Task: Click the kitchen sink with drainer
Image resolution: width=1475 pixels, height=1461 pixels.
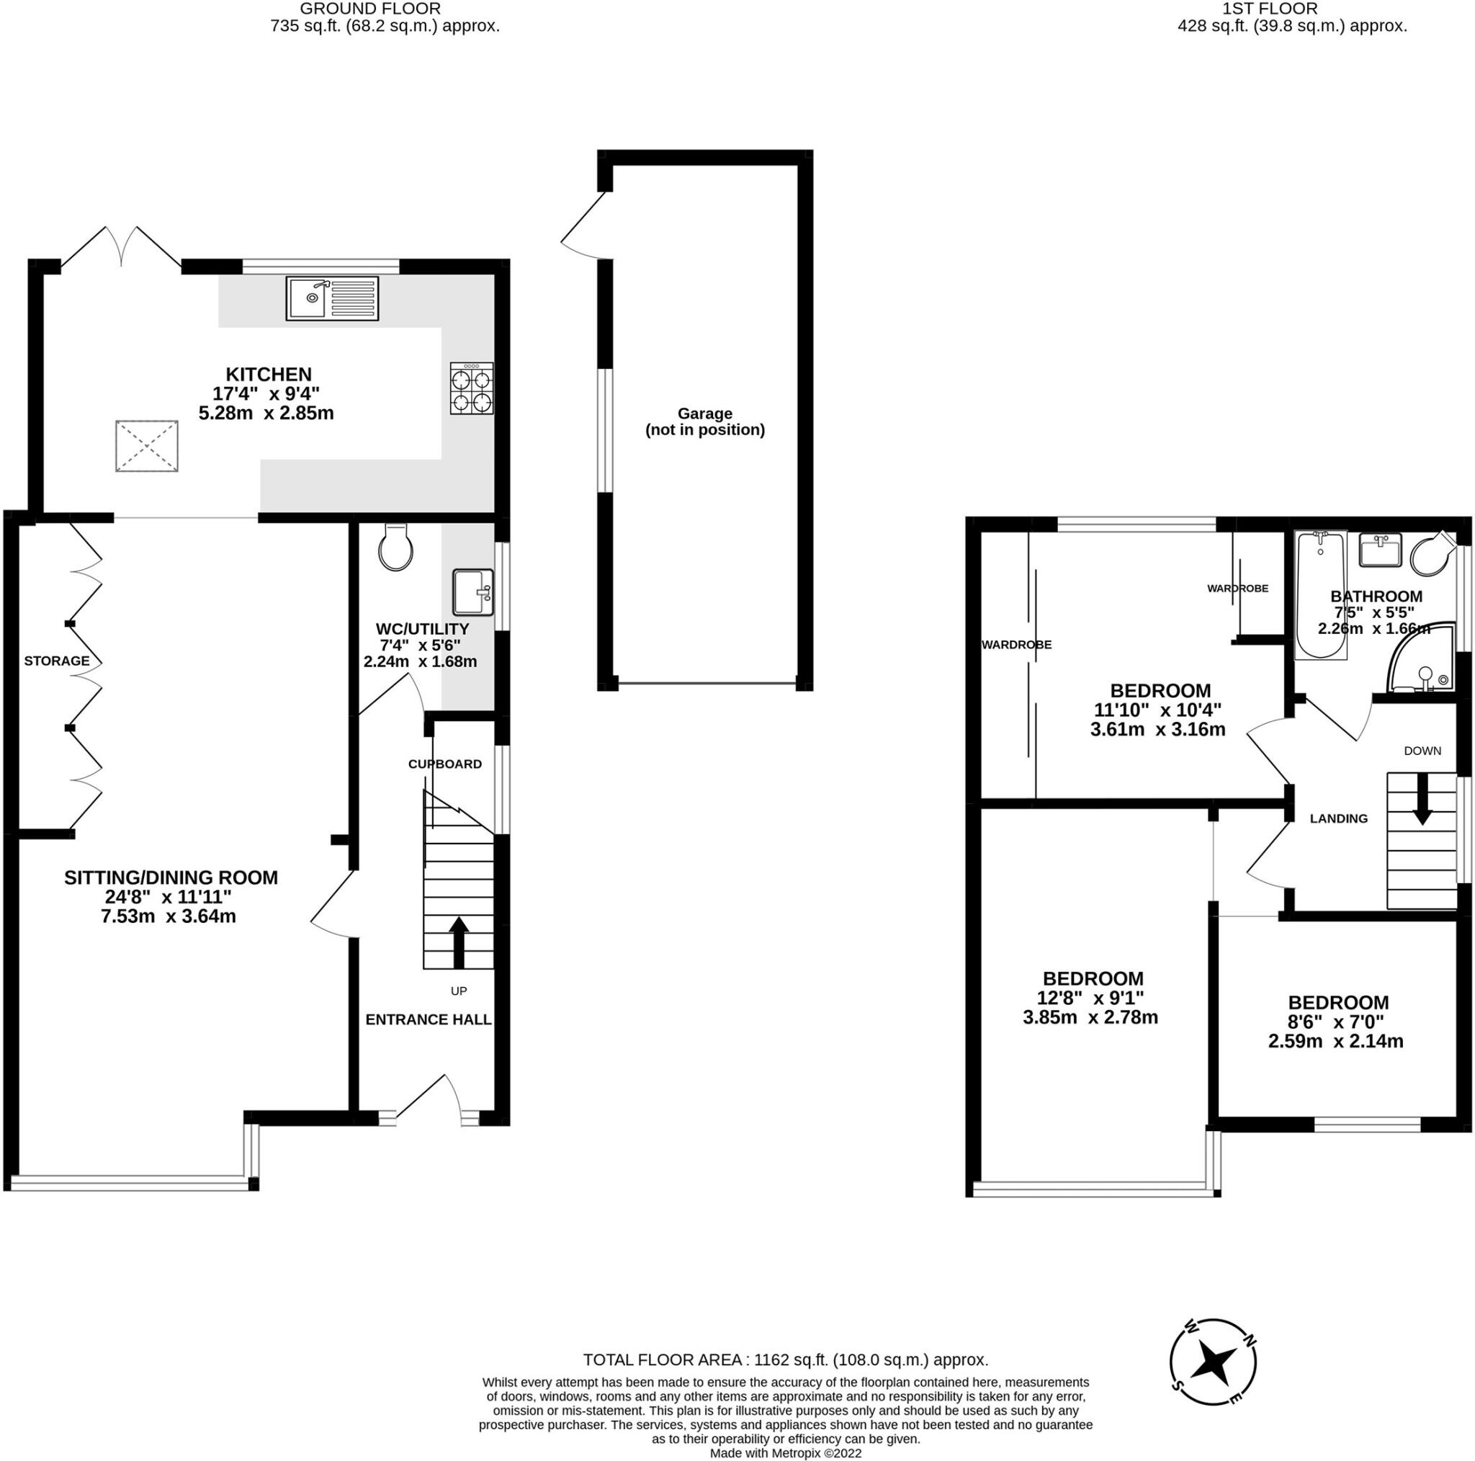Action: click(x=332, y=298)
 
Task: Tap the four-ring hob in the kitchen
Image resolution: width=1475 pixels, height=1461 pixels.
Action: click(x=471, y=389)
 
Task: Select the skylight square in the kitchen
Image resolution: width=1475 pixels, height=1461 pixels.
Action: click(x=147, y=446)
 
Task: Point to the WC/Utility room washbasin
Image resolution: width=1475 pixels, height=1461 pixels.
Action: click(x=472, y=592)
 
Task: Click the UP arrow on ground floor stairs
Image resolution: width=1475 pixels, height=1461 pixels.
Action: click(x=458, y=942)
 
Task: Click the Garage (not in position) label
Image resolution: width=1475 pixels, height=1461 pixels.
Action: click(x=704, y=421)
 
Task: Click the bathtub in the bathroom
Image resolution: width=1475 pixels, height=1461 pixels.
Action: click(x=1320, y=595)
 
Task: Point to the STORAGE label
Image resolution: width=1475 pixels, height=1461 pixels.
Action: click(x=56, y=661)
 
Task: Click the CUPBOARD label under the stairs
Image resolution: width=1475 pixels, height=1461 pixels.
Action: click(x=445, y=764)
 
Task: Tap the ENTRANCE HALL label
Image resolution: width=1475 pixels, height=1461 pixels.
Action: click(x=429, y=1019)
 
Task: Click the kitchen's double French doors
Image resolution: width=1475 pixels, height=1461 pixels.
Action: click(x=122, y=246)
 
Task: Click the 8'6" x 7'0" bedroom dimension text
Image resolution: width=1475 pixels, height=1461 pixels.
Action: click(x=1336, y=1022)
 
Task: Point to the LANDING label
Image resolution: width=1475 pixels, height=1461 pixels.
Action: click(x=1338, y=818)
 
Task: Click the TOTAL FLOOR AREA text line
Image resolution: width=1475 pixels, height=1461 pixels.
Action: click(x=786, y=1359)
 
